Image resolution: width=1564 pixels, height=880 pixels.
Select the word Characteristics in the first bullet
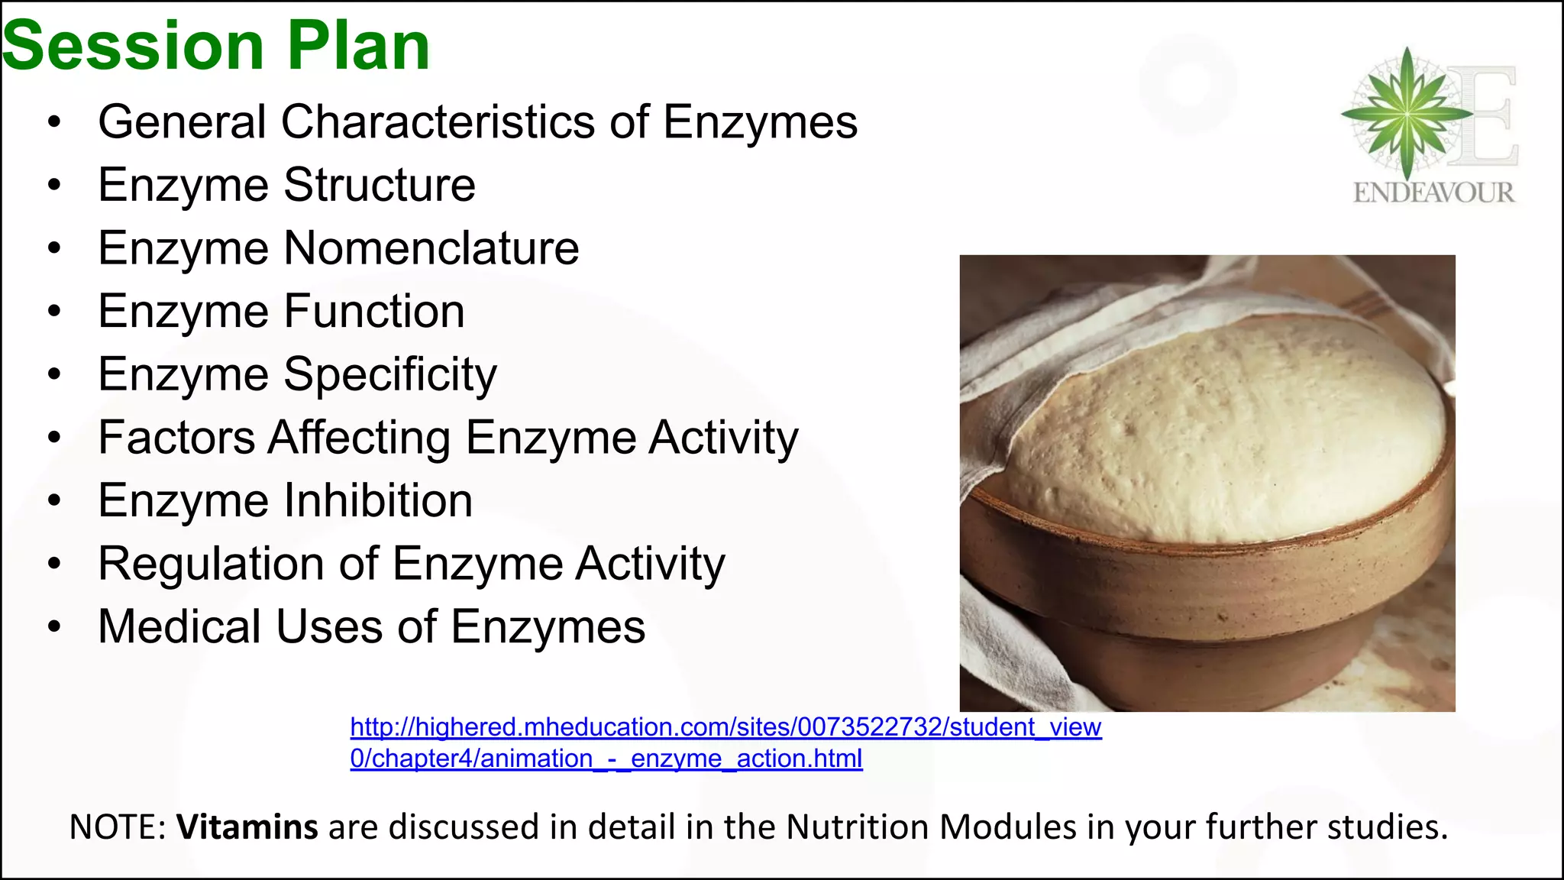tap(438, 122)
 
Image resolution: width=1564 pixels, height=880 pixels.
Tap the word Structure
tap(380, 186)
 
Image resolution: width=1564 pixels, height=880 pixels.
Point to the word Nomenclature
tap(431, 248)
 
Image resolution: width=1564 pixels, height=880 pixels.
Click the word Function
tap(374, 312)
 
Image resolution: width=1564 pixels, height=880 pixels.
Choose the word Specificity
tap(390, 375)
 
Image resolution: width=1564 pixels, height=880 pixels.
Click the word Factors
tap(176, 438)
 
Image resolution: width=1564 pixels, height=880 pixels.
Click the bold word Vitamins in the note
tap(247, 827)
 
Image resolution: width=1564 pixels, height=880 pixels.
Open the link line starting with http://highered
tap(725, 727)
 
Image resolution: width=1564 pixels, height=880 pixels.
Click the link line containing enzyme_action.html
tap(606, 759)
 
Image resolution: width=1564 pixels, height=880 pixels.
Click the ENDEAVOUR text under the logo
tap(1433, 192)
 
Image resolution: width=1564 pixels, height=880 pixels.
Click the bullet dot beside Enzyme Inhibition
tap(53, 501)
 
